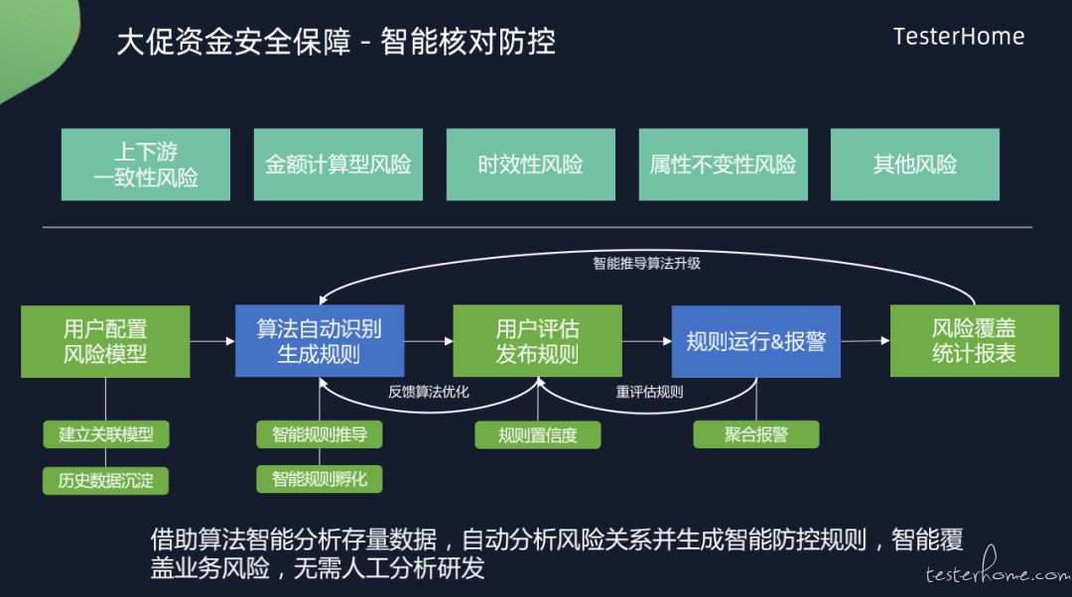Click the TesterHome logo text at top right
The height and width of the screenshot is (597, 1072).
(x=959, y=37)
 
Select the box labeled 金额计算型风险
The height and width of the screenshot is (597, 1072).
(x=338, y=165)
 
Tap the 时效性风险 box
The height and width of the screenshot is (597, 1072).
(x=530, y=165)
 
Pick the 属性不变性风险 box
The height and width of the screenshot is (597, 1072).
(x=724, y=165)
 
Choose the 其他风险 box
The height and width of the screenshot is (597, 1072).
(x=915, y=165)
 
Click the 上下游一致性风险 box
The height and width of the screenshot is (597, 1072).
(x=146, y=165)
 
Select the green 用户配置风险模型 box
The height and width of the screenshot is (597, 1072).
(x=105, y=341)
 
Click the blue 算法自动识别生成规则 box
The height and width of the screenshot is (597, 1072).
(x=320, y=341)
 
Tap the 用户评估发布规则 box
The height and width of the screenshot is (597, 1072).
(x=537, y=341)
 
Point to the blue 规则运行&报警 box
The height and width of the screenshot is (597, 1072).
(x=756, y=341)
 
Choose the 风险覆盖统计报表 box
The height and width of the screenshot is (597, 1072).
(x=975, y=341)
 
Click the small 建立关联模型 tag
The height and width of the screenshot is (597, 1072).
(x=106, y=434)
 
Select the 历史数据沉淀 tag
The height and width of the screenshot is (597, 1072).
(x=105, y=481)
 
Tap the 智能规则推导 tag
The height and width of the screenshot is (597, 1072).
(x=320, y=434)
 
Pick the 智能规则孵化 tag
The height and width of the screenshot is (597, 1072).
(x=320, y=479)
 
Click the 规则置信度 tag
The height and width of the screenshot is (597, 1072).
(x=538, y=435)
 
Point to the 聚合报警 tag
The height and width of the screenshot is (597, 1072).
(x=756, y=434)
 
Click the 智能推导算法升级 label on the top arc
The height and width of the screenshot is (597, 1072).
(x=646, y=264)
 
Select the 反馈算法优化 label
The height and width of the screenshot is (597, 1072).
(x=429, y=392)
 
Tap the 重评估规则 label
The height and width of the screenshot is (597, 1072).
(x=649, y=392)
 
